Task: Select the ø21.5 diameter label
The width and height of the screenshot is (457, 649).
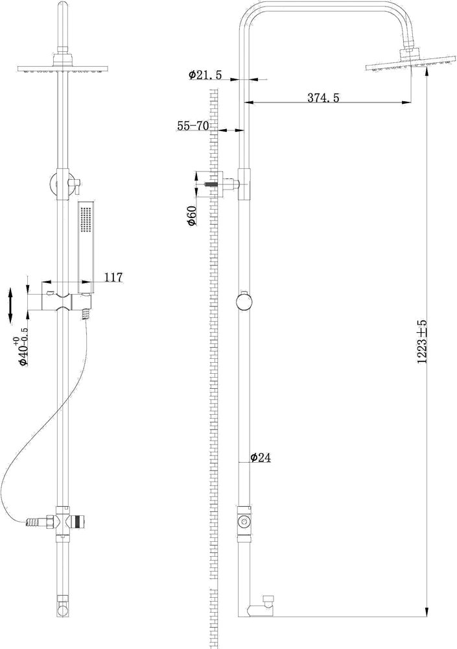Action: click(205, 75)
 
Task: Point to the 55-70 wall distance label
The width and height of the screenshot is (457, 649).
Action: click(193, 126)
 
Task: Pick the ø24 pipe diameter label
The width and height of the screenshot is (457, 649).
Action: click(259, 458)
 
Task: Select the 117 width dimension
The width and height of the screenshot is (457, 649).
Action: click(113, 278)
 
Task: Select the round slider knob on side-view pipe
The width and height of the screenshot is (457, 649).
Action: click(246, 302)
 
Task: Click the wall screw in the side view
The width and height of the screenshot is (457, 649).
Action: click(211, 184)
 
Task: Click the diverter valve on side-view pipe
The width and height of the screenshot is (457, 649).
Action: click(244, 520)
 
